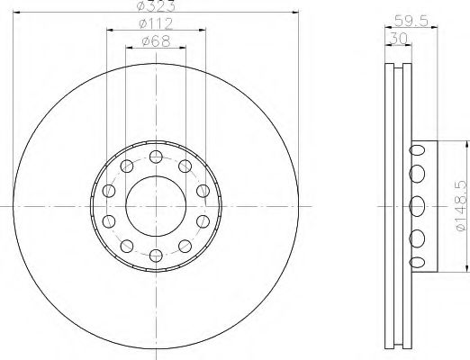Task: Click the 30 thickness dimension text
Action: [x=395, y=38]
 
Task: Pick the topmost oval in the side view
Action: [x=417, y=149]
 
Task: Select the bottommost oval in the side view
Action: [x=417, y=261]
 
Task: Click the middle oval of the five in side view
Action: [x=417, y=205]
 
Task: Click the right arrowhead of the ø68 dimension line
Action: [x=185, y=49]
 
